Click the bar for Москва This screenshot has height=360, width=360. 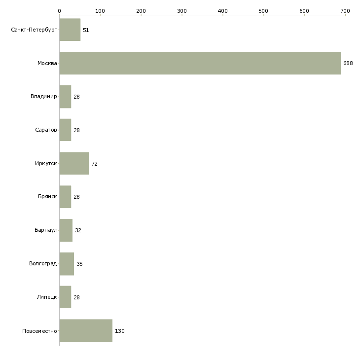[200, 63]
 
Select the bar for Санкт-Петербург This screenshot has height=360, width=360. [70, 30]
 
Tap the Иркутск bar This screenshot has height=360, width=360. [74, 163]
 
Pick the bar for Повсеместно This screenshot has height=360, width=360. [86, 330]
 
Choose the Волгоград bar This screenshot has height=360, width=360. [67, 264]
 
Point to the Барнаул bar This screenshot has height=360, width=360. [66, 230]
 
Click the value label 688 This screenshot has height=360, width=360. [348, 63]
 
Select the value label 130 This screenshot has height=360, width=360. [120, 331]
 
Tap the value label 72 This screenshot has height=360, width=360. [94, 164]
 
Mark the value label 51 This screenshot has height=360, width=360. [86, 30]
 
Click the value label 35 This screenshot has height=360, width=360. [79, 264]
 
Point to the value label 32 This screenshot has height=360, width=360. [78, 230]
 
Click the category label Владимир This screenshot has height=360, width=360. [43, 97]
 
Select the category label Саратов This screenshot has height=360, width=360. [46, 130]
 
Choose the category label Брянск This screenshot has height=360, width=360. [47, 197]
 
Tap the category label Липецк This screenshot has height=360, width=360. [47, 297]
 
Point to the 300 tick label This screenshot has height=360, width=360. [182, 11]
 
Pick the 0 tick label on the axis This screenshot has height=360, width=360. [60, 11]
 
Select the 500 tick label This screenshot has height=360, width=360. [263, 11]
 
